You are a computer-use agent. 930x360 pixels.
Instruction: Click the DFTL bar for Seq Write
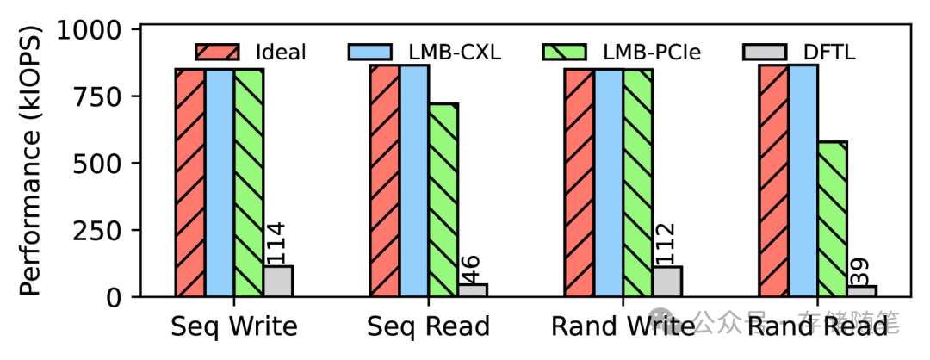[278, 282]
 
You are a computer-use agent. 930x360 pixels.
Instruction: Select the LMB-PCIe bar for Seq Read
[443, 201]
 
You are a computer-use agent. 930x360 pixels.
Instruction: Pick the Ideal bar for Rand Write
[579, 183]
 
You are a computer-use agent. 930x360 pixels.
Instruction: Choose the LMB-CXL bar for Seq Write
[220, 183]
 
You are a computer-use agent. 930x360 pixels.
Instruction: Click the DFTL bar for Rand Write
[666, 282]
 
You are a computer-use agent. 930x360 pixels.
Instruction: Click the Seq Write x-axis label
[234, 327]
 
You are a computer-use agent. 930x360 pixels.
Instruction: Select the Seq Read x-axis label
[428, 327]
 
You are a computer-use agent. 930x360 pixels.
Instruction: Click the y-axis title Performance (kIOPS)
[29, 164]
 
